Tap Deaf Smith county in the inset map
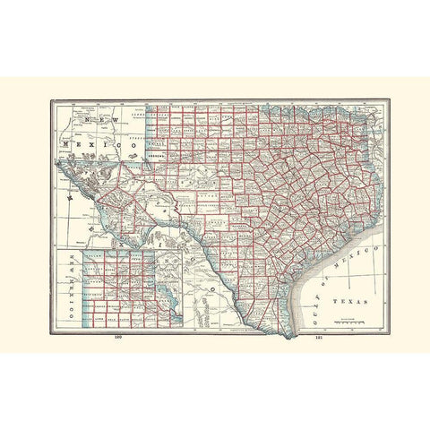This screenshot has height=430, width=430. tap(94, 292)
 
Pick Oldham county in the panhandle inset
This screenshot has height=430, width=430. tap(94, 280)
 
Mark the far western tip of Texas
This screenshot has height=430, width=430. tap(60, 164)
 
